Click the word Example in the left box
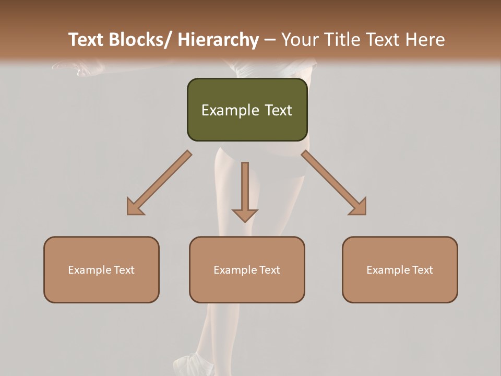[x=88, y=270]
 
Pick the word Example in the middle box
[x=233, y=270]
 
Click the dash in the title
[x=270, y=40]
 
